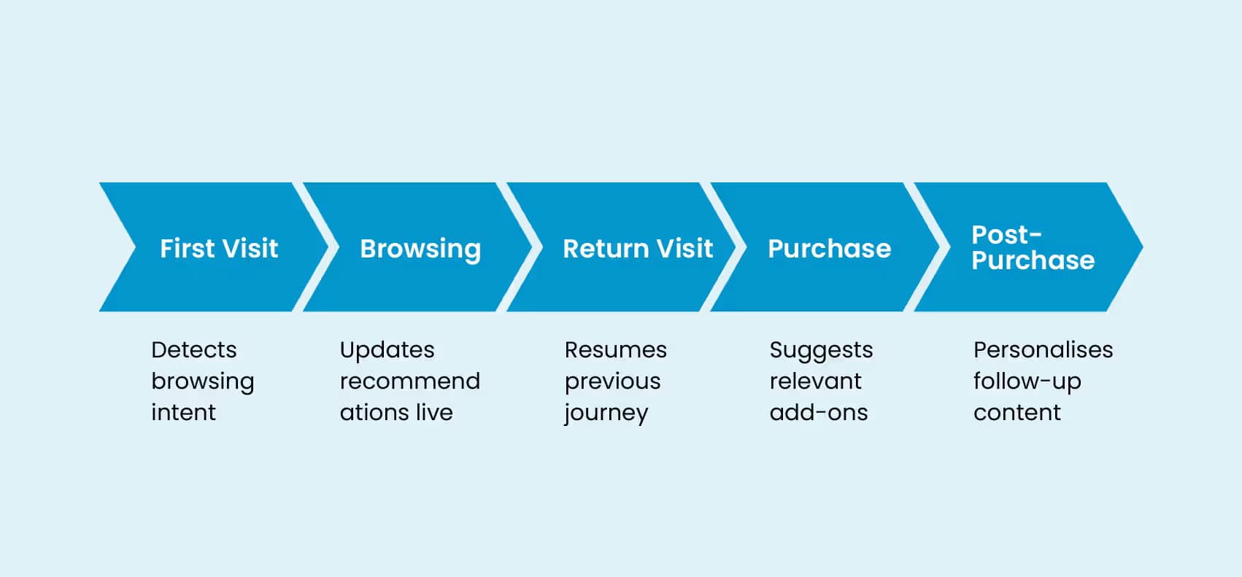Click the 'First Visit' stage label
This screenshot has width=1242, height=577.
tap(219, 249)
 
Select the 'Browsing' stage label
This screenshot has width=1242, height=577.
tap(420, 249)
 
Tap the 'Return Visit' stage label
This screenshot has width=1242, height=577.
tap(638, 249)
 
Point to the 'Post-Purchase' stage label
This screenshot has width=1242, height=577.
tap(1032, 247)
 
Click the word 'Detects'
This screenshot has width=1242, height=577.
tap(193, 350)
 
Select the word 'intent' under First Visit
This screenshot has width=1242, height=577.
tap(183, 413)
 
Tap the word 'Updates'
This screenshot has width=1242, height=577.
tap(387, 350)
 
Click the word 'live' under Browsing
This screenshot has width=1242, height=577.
tap(433, 413)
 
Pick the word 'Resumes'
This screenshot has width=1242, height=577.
tap(615, 350)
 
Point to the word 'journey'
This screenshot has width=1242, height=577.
tap(606, 414)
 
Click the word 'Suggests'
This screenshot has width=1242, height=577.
tap(821, 350)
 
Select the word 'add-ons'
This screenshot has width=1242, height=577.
tap(818, 413)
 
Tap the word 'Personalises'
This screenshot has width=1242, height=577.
tap(1043, 350)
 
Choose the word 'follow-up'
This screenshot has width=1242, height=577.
tap(1027, 382)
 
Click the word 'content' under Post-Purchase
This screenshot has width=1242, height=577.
tap(1017, 413)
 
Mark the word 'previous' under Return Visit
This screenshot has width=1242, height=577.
tap(612, 382)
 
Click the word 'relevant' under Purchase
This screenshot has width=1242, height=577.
tap(815, 382)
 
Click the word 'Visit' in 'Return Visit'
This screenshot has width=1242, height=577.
tap(684, 249)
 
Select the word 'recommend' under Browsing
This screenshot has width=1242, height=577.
tap(409, 382)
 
